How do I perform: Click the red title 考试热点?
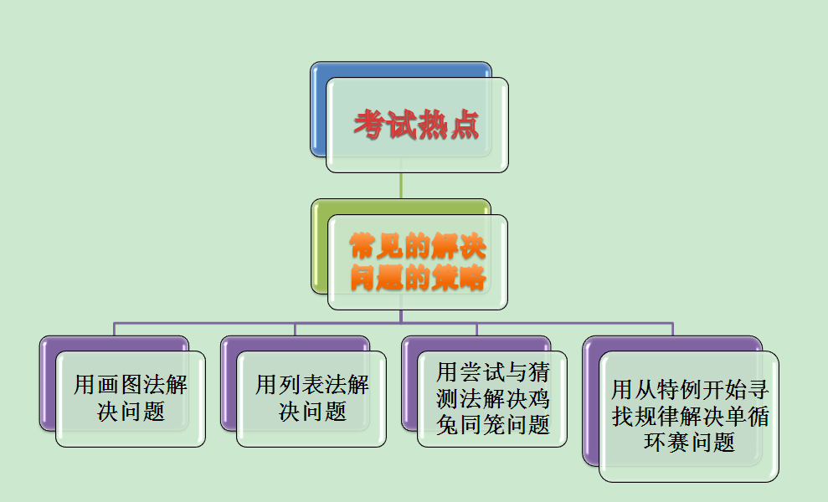point(417,125)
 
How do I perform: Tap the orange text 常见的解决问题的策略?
point(418,262)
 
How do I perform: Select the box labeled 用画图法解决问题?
point(131,398)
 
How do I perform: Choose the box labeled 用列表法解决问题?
point(311,398)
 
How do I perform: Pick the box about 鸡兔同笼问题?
point(492,398)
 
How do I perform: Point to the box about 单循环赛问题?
point(689,416)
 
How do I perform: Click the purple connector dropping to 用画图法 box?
point(115,329)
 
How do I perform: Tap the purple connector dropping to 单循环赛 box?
point(673,329)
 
